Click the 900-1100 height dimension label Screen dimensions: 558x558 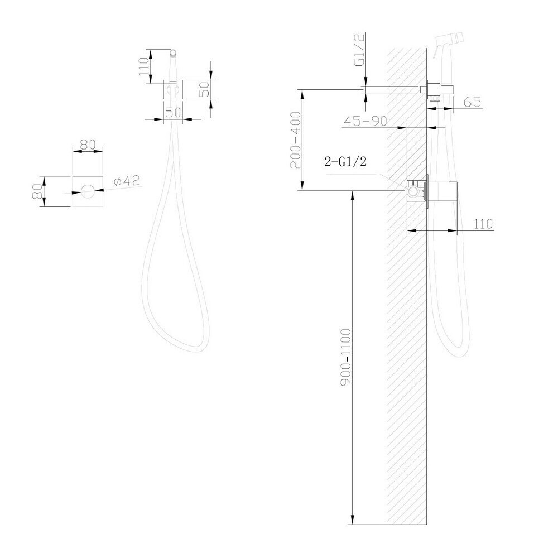(x=345, y=357)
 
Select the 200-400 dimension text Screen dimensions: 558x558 (x=295, y=140)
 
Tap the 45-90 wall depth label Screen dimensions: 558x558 (x=365, y=121)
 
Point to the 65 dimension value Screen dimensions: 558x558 (x=473, y=102)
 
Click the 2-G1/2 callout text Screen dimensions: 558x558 (x=345, y=162)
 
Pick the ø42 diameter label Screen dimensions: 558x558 (x=127, y=181)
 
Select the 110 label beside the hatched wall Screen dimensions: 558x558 (x=483, y=224)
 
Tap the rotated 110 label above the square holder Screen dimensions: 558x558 (x=144, y=66)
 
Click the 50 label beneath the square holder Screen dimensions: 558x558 (x=174, y=113)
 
